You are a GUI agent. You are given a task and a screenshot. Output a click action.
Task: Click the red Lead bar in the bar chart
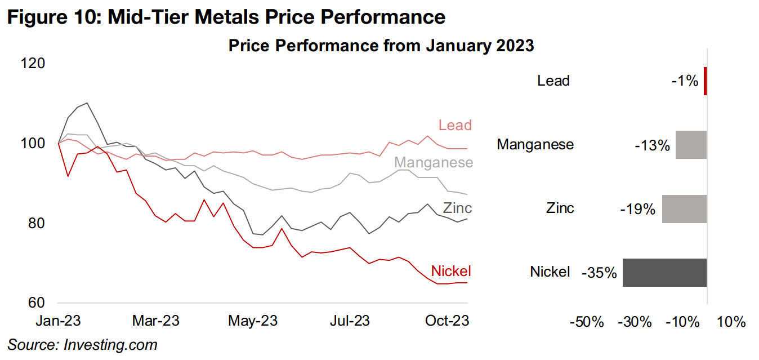click(705, 81)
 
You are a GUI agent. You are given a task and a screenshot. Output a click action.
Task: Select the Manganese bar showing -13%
click(691, 145)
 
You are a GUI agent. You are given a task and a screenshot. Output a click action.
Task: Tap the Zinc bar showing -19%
click(684, 208)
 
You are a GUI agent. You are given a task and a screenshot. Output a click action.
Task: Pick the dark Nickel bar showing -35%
click(664, 273)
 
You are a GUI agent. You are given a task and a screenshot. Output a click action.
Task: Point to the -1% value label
click(685, 82)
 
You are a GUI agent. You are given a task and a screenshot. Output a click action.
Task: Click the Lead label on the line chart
click(455, 125)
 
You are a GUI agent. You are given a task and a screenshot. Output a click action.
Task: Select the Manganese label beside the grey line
click(433, 163)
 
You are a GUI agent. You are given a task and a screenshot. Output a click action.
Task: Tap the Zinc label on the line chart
click(457, 207)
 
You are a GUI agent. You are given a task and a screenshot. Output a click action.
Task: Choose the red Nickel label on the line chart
click(450, 271)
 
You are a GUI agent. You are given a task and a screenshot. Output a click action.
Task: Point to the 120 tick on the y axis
click(33, 63)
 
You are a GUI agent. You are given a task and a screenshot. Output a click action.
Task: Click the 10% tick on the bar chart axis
click(731, 323)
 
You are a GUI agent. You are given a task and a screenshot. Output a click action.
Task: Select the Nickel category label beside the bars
click(550, 272)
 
